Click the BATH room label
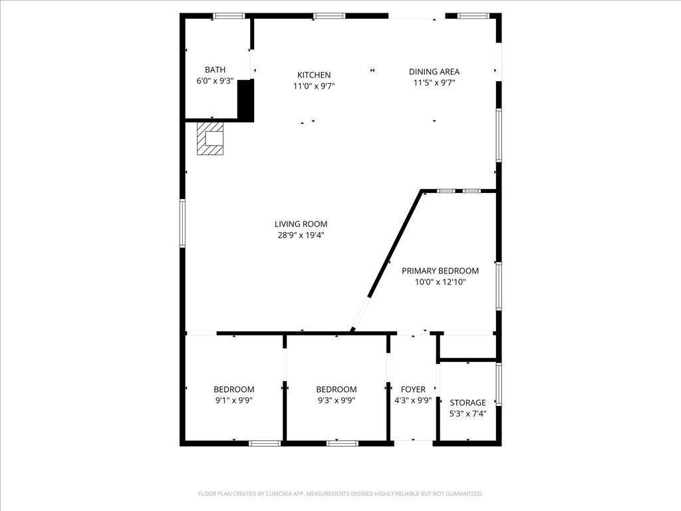(215, 70)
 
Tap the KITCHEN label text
(314, 75)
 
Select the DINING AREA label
(434, 72)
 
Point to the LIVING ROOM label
(301, 224)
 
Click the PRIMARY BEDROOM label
(440, 271)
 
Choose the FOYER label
(413, 389)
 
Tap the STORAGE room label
(468, 403)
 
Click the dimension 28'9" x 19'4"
(301, 235)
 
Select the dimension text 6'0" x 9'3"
(215, 81)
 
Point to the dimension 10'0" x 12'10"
(440, 282)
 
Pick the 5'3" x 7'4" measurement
(468, 414)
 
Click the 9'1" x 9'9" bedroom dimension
(233, 401)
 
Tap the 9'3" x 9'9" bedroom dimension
(336, 401)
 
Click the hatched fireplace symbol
(211, 138)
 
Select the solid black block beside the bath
(245, 100)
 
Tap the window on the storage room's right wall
(499, 384)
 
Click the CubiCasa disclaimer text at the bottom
(340, 494)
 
